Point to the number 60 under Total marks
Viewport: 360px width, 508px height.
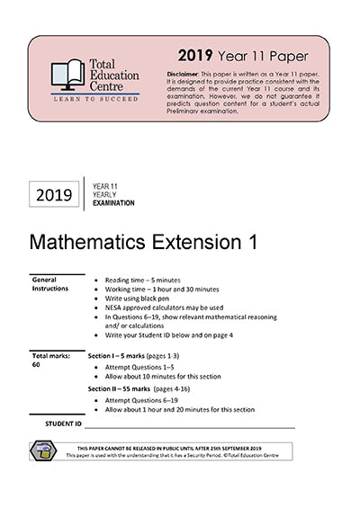37,365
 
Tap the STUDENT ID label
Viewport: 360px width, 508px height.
63,422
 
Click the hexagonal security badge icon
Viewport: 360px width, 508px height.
43,450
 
